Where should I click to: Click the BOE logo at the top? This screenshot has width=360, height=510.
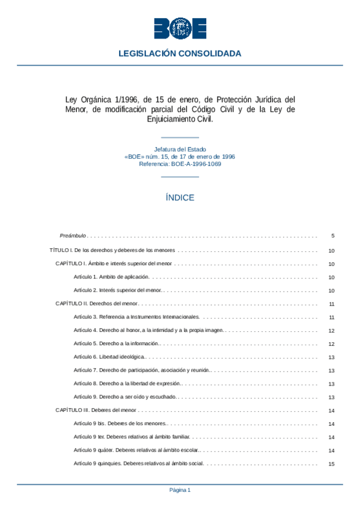tap(180, 28)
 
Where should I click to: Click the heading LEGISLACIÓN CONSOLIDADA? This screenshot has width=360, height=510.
tap(180, 54)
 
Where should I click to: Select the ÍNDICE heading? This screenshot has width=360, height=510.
tap(180, 197)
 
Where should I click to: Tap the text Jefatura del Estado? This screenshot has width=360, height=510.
tap(180, 149)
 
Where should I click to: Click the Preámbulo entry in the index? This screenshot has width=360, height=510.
tap(73, 236)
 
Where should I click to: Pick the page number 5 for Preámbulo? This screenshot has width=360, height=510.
tap(332, 236)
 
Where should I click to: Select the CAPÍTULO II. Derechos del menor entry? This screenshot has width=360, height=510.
tap(96, 304)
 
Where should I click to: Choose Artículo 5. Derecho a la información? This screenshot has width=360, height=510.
tap(117, 343)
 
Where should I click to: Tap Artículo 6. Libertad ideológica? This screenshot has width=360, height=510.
tap(109, 357)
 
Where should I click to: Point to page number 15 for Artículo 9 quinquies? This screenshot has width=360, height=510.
tap(332, 464)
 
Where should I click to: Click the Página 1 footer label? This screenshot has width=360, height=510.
tap(180, 490)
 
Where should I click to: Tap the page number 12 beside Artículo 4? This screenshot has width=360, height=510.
tap(332, 330)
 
